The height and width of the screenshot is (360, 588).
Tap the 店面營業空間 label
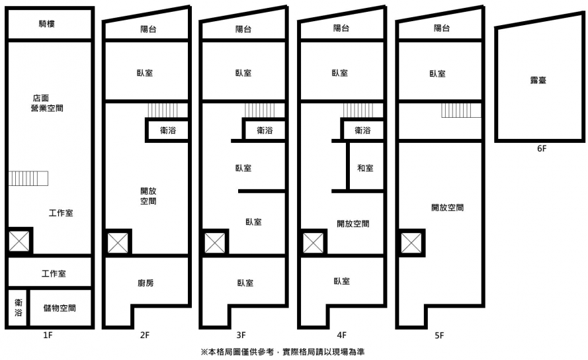pos(47,103)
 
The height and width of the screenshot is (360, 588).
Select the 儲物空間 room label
pos(59,308)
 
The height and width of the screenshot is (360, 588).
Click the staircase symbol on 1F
pos(28,178)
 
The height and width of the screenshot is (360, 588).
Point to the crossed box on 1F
pos(19,242)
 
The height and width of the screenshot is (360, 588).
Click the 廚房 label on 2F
pos(146,283)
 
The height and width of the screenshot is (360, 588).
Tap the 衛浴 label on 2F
pos(168,130)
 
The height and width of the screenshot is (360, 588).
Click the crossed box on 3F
pos(215,243)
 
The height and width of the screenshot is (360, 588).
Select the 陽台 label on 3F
pos(243,28)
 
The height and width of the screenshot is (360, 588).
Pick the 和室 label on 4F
pos(365,168)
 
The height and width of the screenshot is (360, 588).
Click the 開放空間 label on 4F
pos(353,224)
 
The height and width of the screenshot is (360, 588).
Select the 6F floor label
pos(542,149)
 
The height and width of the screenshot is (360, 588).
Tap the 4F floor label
pos(341,336)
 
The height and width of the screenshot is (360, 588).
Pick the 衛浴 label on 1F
pos(18,308)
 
